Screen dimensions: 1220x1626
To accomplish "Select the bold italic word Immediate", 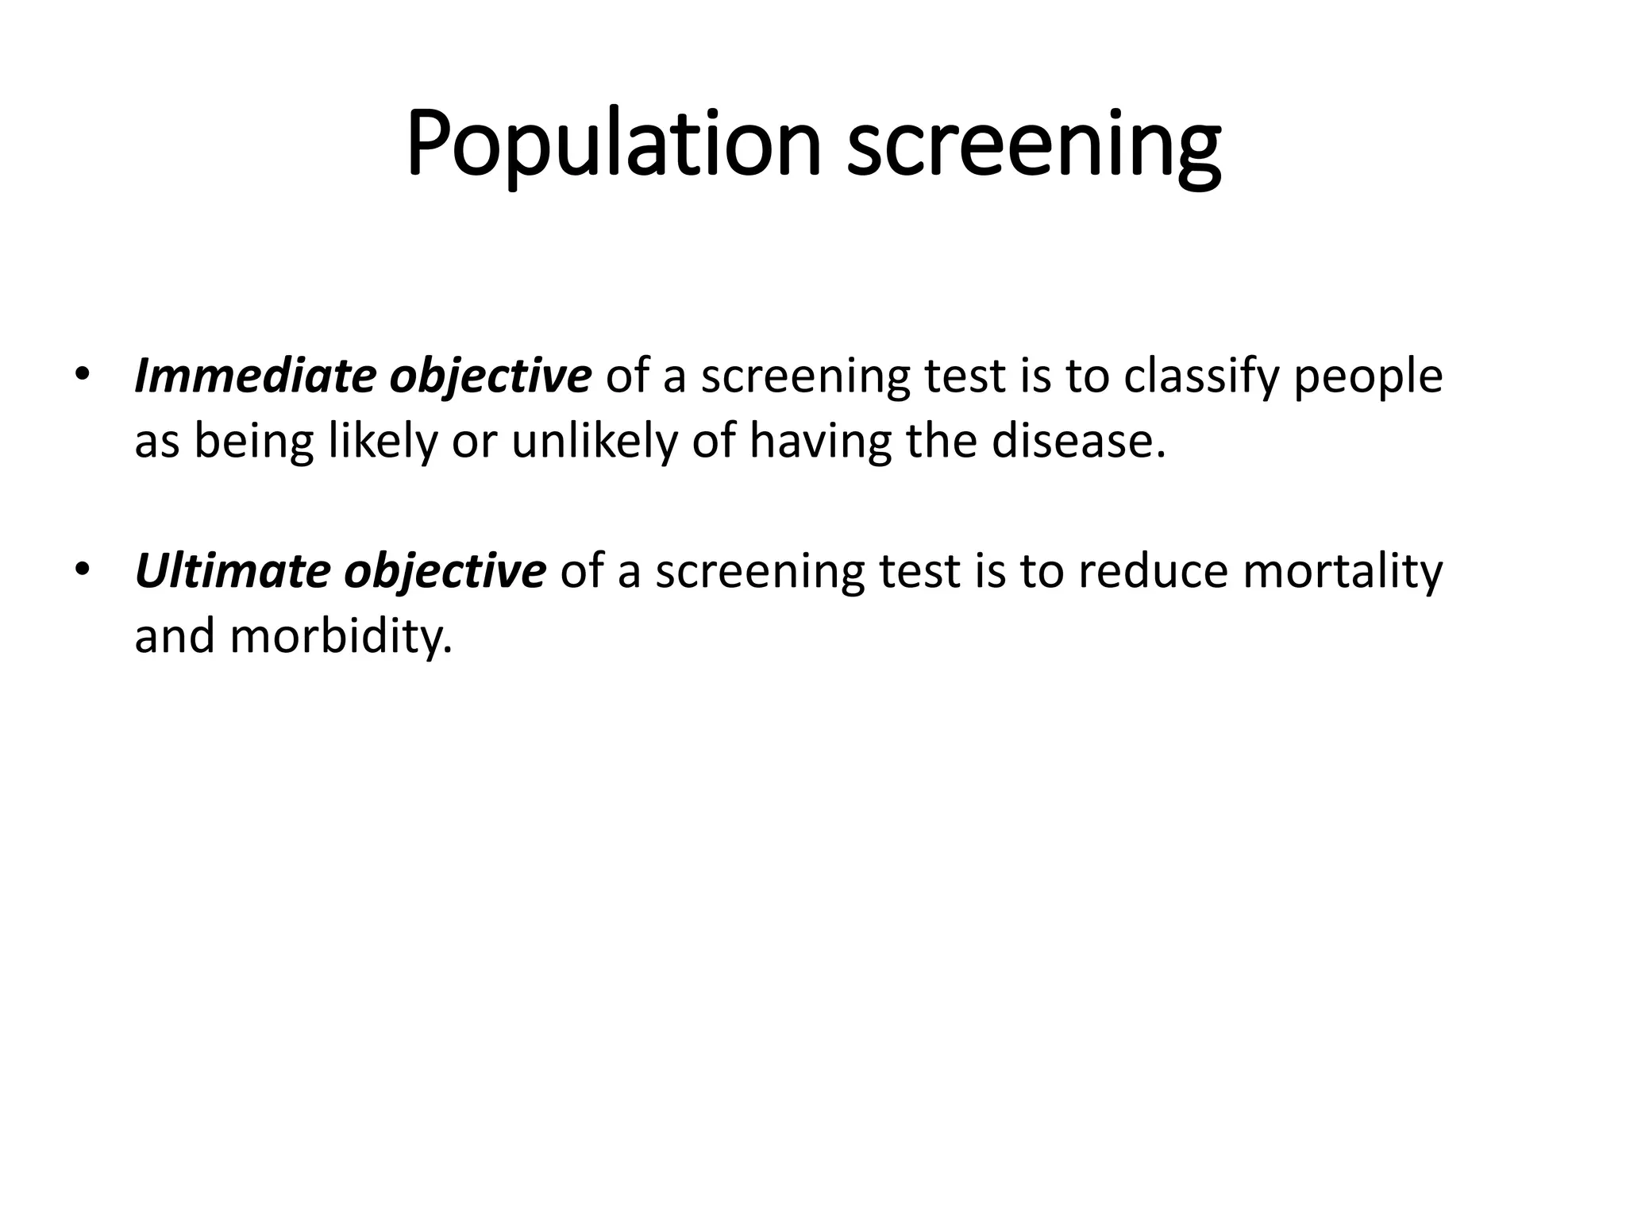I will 254,376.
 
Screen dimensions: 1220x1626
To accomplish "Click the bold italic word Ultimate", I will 231,571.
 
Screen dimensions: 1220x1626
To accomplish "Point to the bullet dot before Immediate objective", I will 81,374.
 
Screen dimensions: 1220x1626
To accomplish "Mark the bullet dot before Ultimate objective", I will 81,569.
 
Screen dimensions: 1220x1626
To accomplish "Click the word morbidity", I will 341,636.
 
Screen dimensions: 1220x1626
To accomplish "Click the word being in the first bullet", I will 254,442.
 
